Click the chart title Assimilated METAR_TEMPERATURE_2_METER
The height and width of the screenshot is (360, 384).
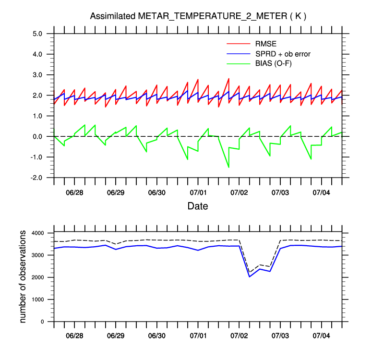[x=198, y=16]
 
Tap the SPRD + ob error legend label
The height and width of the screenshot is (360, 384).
[x=283, y=54]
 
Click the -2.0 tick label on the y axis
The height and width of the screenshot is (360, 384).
[x=37, y=178]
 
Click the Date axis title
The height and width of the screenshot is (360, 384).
[x=198, y=206]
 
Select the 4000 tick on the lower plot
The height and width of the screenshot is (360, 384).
[x=37, y=233]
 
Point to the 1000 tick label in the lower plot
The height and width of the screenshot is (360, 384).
[x=37, y=300]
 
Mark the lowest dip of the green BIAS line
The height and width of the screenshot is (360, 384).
[x=228, y=167]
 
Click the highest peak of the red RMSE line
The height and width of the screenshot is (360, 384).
[x=228, y=78]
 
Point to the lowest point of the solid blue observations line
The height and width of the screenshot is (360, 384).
[x=250, y=276]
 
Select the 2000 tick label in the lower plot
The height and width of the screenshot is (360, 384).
[x=37, y=277]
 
